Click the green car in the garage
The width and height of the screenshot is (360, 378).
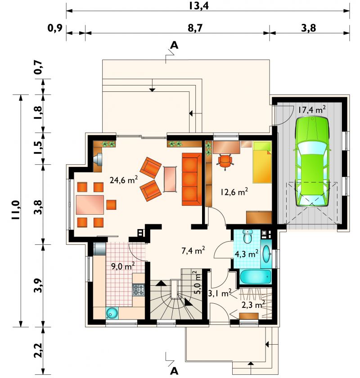pos(312,162)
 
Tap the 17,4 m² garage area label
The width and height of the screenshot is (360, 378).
pos(312,110)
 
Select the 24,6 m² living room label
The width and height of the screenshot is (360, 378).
pos(124,180)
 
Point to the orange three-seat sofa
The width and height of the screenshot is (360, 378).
pos(192,179)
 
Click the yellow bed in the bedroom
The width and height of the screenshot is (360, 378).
pos(262,162)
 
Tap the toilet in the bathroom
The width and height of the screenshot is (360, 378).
pos(247,236)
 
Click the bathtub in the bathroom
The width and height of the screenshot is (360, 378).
pos(255,277)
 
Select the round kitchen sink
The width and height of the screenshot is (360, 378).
pos(112,313)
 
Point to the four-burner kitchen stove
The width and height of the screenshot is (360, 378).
pos(139,290)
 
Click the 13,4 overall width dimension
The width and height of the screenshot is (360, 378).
pos(198,5)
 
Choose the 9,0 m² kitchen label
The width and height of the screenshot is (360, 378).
pos(123,266)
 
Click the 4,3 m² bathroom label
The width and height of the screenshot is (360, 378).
pos(247,254)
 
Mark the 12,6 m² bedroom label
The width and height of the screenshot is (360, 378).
pos(234,192)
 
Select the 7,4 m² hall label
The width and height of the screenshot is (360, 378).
pos(193,251)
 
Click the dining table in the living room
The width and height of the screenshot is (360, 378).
pos(90,205)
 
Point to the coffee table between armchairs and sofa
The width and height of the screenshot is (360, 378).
pos(170,179)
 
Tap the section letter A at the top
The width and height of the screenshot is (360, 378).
pos(174,45)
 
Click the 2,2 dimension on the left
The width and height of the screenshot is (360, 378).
pos(39,350)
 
